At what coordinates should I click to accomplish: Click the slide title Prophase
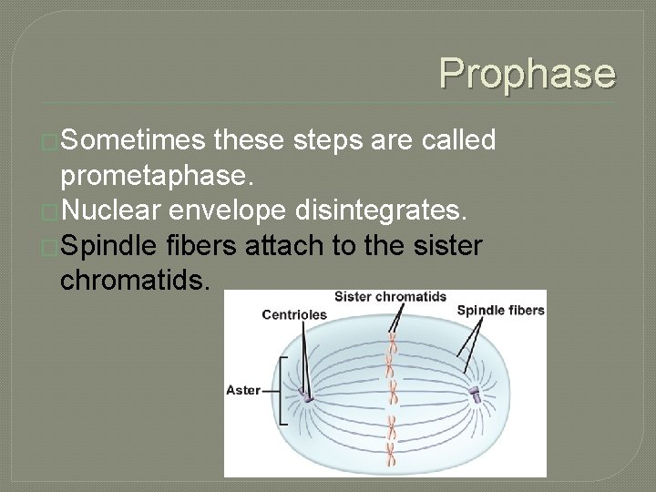click(x=527, y=73)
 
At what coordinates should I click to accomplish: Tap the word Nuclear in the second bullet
click(x=118, y=211)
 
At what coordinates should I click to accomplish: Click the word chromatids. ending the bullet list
click(x=136, y=281)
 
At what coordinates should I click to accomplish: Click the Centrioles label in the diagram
click(x=293, y=314)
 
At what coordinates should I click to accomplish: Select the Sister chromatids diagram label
click(x=390, y=296)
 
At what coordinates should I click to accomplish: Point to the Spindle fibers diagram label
click(x=500, y=310)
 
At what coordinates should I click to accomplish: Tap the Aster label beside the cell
click(x=242, y=390)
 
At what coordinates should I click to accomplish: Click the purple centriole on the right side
click(x=474, y=394)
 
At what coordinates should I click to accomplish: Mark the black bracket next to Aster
click(x=284, y=391)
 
